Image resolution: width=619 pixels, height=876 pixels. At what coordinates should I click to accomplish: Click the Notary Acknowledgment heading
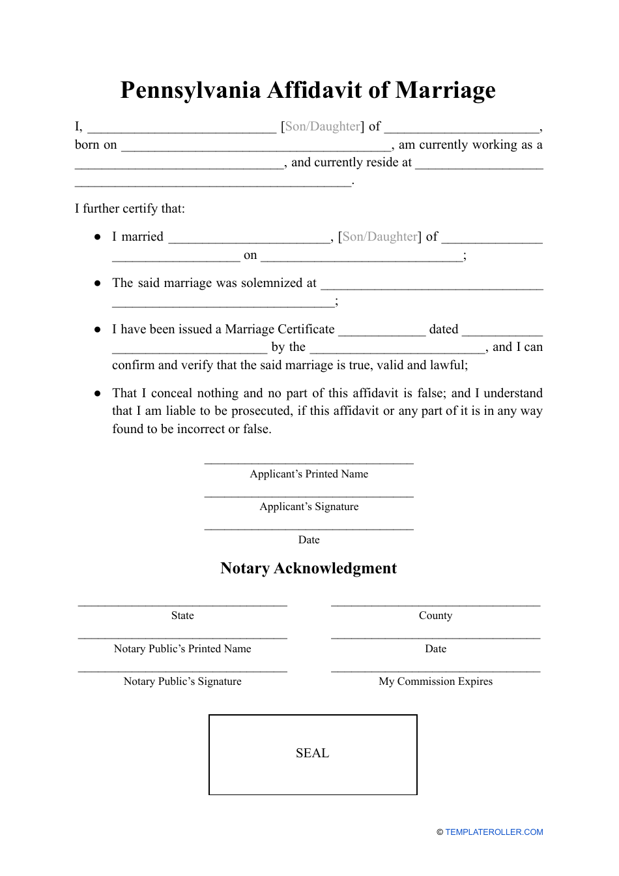pos(308,568)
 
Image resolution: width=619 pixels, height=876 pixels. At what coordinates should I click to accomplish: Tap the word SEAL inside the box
pos(312,753)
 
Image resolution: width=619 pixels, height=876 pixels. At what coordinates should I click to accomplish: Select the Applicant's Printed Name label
pos(309,474)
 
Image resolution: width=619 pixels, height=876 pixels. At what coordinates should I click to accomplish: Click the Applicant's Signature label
pos(309,507)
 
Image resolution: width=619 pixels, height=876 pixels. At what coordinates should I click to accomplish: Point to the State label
pos(182,616)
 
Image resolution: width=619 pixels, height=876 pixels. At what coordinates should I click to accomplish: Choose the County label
pos(435,616)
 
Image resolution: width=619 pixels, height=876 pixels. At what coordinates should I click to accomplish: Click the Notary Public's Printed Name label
pos(182,649)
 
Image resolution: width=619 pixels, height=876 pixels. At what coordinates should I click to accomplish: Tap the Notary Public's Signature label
pos(182,682)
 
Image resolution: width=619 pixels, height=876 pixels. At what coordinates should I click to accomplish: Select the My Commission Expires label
pos(435,682)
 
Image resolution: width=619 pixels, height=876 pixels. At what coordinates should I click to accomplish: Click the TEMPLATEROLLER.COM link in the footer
pos(494,832)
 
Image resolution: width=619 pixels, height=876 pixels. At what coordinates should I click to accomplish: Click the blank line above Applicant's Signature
pos(309,495)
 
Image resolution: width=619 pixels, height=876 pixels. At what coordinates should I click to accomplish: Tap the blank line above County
pos(435,604)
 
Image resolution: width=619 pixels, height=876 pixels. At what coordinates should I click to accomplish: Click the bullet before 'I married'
pos(98,237)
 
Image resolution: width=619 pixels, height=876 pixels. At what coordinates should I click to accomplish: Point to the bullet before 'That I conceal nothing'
pos(98,393)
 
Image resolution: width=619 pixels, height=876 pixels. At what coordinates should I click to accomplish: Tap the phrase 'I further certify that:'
pos(130,209)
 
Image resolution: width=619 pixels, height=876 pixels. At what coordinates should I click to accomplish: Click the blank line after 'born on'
pos(256,148)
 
